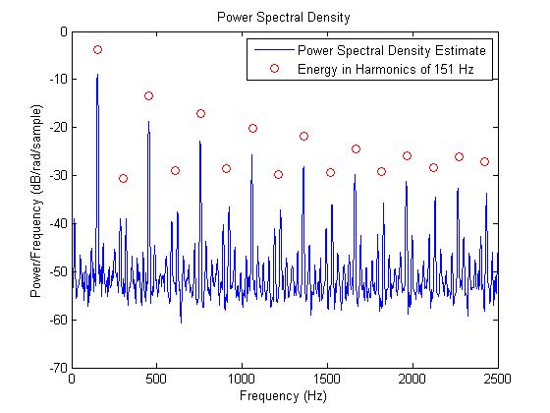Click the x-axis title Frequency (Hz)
coord(285,395)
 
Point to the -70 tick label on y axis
coord(56,368)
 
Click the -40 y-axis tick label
coord(56,224)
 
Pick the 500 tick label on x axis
coord(157,381)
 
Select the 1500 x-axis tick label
coord(327,381)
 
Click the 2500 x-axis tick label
coord(498,381)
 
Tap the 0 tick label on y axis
coord(62,32)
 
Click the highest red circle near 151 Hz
coord(97,49)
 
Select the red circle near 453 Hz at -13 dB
coord(148,95)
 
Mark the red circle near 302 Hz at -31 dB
coord(123,178)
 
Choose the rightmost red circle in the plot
coord(484,161)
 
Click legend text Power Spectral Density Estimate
coord(392,50)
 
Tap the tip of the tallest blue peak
coord(97,75)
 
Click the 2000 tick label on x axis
coord(412,381)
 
